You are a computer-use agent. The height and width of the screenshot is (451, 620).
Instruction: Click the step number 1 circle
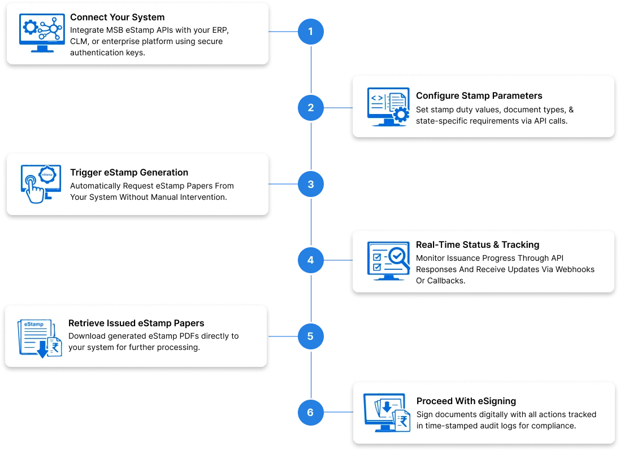pos(310,32)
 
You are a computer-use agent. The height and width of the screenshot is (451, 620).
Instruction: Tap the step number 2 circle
pos(310,107)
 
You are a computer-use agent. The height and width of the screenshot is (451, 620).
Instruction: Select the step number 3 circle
pos(310,184)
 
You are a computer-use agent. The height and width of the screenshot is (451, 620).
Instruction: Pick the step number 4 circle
pos(310,260)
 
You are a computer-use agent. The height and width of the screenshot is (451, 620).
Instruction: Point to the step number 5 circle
pos(310,336)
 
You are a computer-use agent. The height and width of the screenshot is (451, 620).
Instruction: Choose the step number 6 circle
pos(310,413)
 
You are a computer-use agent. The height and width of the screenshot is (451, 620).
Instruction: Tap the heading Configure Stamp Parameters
pos(479,95)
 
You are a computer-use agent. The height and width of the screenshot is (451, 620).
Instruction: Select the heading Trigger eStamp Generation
pos(129,172)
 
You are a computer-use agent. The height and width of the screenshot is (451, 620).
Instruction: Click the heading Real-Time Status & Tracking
pos(478,244)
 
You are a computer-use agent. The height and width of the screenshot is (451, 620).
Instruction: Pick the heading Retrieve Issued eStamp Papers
pos(136,323)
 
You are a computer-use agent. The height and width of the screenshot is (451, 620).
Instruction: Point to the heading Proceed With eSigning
pos(466,401)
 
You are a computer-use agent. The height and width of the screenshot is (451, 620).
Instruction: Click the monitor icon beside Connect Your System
pos(41,32)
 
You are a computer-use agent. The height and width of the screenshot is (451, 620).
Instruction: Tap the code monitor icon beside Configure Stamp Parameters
pos(388,106)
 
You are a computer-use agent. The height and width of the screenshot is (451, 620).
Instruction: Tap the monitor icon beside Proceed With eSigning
pos(388,413)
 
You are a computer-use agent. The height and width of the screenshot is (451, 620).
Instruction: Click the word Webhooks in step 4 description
pos(572,269)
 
